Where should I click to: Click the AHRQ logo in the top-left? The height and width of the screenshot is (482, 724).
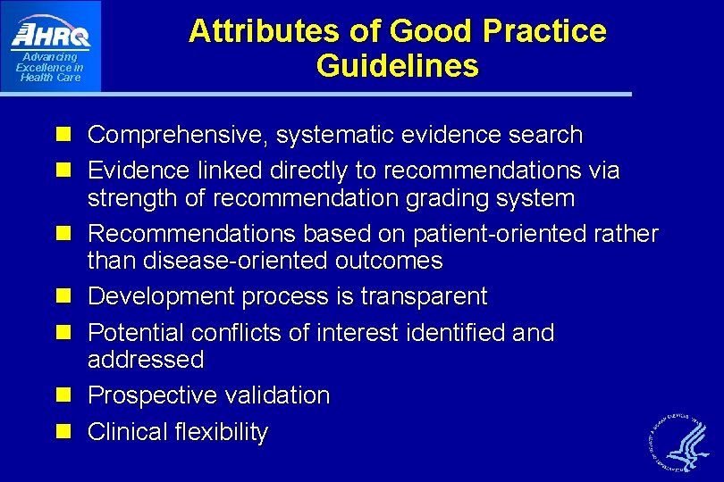(50, 36)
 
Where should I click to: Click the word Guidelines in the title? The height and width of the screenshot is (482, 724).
(397, 66)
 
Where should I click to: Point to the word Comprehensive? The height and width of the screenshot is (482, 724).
(178, 136)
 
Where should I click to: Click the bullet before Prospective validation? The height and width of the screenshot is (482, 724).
(63, 395)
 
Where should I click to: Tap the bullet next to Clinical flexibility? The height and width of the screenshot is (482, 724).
(63, 432)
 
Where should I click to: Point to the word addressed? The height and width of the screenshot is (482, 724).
(145, 360)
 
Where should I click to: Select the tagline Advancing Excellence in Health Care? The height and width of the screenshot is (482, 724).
(50, 68)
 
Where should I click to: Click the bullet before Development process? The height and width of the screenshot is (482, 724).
(63, 296)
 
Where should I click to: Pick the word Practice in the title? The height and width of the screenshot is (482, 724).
(544, 31)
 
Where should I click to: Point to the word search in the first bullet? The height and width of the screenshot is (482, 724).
(544, 136)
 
